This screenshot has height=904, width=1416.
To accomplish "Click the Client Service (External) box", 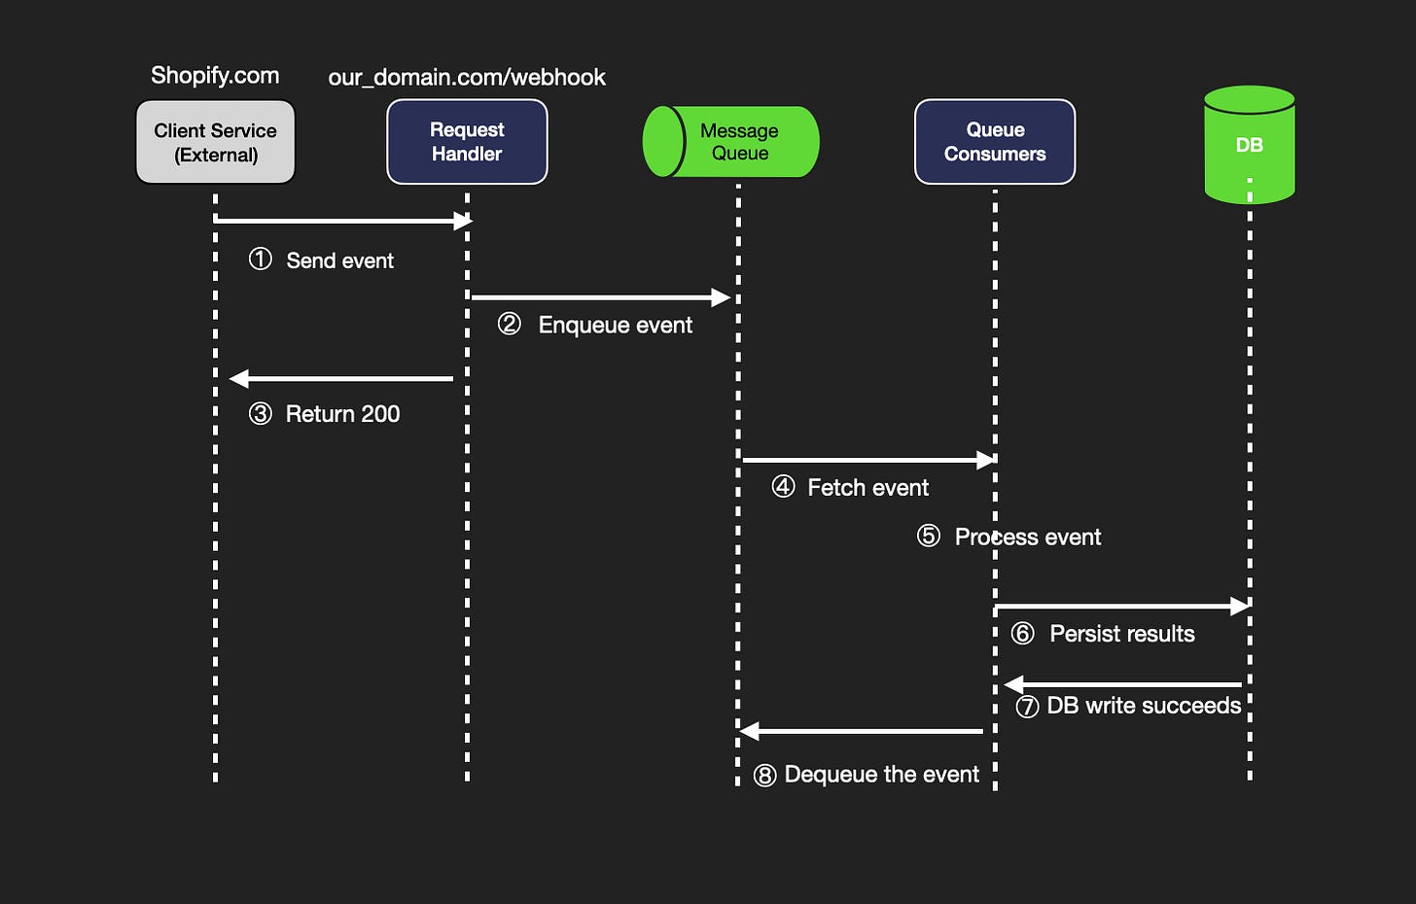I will [x=215, y=142].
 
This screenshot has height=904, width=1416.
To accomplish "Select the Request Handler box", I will [x=467, y=142].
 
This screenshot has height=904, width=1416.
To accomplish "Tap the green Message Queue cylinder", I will [x=731, y=142].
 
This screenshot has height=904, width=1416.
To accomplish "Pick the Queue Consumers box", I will [x=995, y=142].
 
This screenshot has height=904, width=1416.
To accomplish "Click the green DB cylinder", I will [x=1249, y=145].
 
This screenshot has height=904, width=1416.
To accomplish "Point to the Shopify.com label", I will [x=215, y=76].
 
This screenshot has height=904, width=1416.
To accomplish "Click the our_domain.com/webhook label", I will [x=467, y=78].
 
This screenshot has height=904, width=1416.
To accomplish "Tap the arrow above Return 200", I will [x=341, y=378].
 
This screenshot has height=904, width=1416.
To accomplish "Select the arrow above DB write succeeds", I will [x=1123, y=684].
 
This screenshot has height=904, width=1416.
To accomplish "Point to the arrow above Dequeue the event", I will [x=862, y=730].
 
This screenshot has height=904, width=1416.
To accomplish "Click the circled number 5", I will [x=929, y=537].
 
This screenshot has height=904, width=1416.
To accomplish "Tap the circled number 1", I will [x=260, y=260].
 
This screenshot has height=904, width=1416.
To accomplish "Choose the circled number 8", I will [x=765, y=775].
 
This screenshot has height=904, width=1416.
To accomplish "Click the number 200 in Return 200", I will [x=379, y=414].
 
